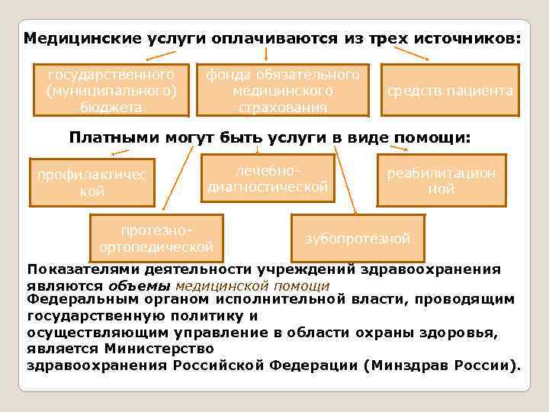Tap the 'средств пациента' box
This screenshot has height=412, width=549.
450,91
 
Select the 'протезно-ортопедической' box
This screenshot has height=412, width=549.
156,238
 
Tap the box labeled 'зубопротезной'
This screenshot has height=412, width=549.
358,238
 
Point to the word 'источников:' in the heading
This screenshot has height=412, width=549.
469,37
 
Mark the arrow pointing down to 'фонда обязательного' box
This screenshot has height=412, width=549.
265,53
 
